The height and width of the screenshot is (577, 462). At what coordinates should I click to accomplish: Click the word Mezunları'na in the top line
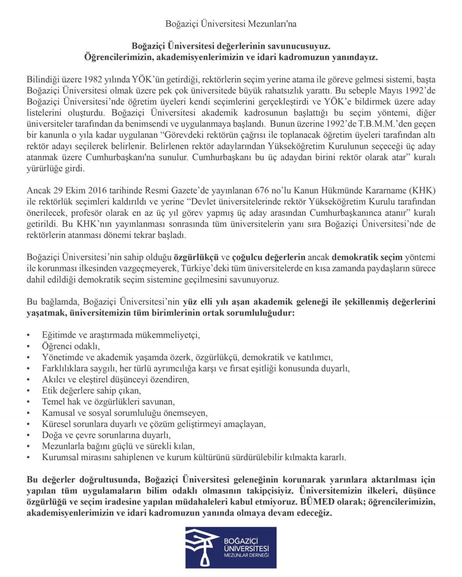click(x=276, y=24)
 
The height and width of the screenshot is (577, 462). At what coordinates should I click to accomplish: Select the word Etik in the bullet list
click(x=49, y=390)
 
